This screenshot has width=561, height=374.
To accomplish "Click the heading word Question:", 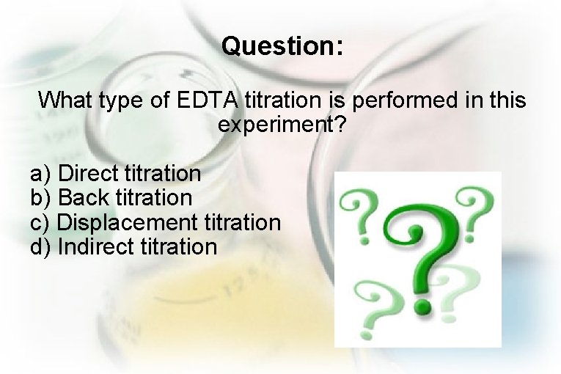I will tap(282, 47).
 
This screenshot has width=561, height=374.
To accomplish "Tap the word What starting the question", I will tap(67, 100).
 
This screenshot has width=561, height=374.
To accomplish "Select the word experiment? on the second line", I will tap(281, 125).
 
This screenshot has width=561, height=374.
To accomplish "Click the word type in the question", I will tap(125, 100).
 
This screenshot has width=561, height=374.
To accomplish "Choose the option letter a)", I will tap(41, 175).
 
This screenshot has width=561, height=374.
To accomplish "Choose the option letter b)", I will tap(41, 198).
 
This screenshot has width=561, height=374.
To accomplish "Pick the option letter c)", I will tap(41, 221).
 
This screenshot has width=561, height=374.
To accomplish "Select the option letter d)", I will tap(41, 246).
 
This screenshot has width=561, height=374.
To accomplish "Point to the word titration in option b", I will tap(154, 198).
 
